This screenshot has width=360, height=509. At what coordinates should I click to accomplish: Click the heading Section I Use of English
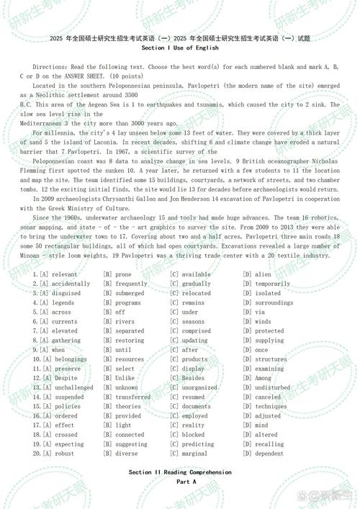click(x=180, y=48)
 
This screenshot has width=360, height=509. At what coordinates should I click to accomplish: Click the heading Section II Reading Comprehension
click(x=180, y=472)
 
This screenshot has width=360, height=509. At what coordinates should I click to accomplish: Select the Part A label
click(x=180, y=481)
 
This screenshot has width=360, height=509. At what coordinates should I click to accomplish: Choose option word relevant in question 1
click(x=64, y=274)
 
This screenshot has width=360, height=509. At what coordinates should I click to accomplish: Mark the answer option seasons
click(x=193, y=321)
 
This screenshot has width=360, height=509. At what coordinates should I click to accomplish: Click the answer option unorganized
click(x=199, y=387)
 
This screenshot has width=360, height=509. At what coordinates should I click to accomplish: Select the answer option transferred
click(x=132, y=397)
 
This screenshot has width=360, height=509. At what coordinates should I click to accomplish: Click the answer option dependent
click(x=270, y=454)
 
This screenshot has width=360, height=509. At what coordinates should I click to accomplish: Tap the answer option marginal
click(x=194, y=454)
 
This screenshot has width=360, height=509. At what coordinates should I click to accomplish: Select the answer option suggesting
click(x=132, y=444)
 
